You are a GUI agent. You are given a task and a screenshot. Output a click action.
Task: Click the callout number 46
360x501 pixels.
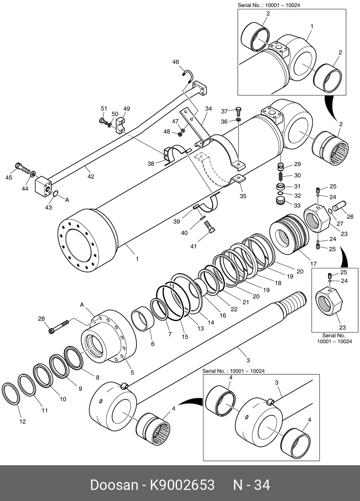[176, 62]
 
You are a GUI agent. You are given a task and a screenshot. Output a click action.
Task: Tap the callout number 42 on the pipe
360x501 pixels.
[91, 176]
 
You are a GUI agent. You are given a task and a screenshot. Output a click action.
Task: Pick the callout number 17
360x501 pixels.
[313, 264]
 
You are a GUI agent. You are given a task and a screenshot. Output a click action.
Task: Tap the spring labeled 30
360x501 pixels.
[281, 176]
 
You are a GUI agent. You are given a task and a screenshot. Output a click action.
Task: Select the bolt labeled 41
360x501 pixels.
[210, 227]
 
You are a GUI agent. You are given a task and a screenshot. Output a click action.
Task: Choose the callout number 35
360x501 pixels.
[243, 196]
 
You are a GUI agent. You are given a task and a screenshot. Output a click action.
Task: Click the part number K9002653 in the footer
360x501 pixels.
[182, 485]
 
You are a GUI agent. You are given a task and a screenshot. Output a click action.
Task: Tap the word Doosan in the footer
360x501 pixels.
[114, 485]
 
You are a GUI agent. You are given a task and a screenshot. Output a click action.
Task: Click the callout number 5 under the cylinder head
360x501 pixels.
[132, 373]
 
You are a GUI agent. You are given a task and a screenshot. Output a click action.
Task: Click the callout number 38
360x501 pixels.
[151, 164]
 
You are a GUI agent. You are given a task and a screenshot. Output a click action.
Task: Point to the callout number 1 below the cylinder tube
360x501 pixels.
[137, 259]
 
